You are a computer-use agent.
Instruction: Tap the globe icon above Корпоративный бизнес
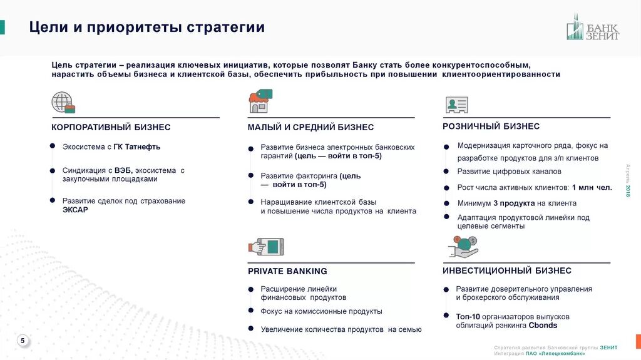click(x=63, y=102)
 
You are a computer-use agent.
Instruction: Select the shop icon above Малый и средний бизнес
click(x=260, y=101)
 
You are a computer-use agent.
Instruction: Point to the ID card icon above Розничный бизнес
click(x=456, y=105)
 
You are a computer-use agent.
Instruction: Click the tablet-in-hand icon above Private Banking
click(x=267, y=246)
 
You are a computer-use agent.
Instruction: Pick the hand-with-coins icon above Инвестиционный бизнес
click(x=464, y=247)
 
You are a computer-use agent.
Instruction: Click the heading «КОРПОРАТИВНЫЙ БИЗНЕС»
click(x=111, y=127)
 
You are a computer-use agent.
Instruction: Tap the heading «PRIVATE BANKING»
click(x=287, y=271)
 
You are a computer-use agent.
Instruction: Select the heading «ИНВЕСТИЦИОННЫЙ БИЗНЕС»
click(x=506, y=270)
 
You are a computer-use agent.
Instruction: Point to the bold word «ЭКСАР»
click(x=75, y=210)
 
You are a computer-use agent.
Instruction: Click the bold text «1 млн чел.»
click(x=592, y=187)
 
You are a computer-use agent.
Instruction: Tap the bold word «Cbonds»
click(x=543, y=326)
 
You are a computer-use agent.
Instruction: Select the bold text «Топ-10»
click(x=468, y=317)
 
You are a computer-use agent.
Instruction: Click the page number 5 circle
click(x=23, y=341)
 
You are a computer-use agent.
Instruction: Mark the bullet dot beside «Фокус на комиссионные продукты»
click(x=250, y=311)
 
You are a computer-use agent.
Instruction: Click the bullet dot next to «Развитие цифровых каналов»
click(x=446, y=171)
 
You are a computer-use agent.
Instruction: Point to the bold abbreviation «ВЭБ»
click(x=122, y=170)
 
